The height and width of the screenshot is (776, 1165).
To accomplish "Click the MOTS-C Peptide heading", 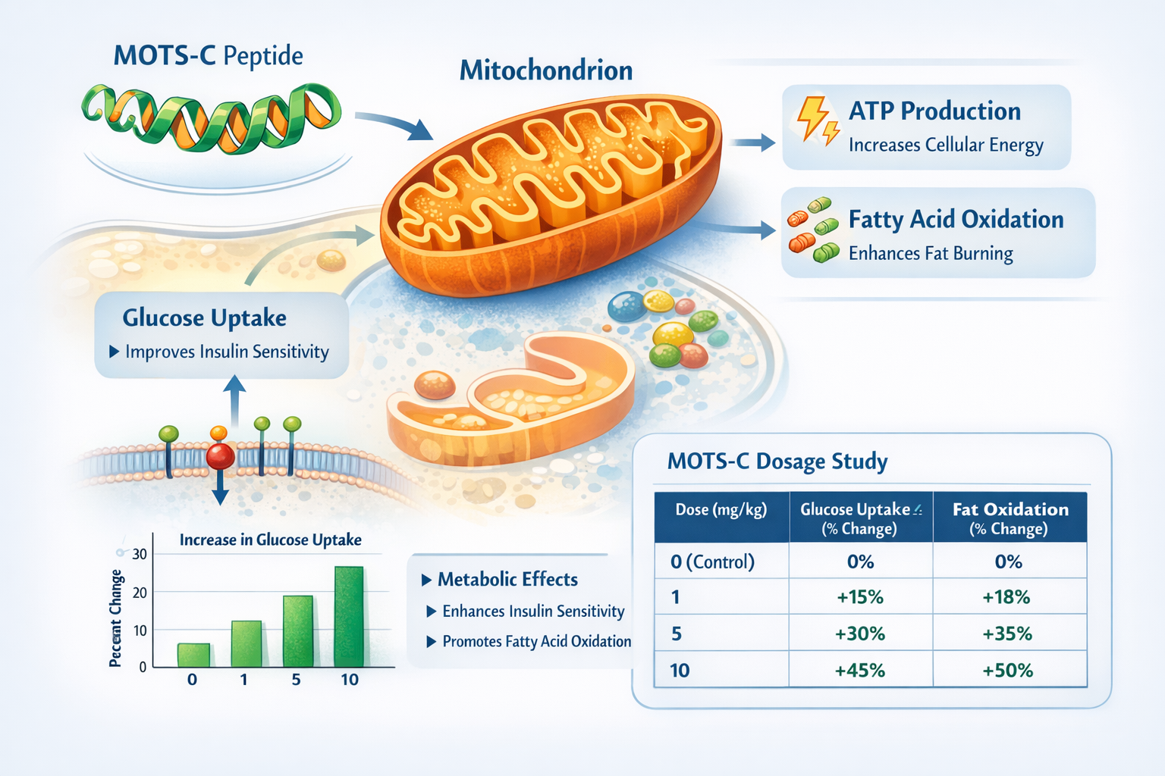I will [208, 56].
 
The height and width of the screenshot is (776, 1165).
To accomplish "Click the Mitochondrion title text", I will [545, 70].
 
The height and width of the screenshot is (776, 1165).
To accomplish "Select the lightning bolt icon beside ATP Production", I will [816, 120].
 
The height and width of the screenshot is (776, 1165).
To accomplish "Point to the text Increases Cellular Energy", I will [945, 145].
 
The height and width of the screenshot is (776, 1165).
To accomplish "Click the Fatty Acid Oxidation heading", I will [956, 220].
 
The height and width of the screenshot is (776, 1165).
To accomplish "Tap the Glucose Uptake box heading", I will [204, 318].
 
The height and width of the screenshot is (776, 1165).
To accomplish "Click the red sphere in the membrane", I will [221, 455].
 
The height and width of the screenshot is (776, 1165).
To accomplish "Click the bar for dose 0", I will [193, 655].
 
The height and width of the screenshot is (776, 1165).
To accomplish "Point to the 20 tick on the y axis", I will [140, 593].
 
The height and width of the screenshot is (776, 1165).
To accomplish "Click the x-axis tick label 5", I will [296, 680].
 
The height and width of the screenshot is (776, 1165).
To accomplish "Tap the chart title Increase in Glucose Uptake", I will [270, 540].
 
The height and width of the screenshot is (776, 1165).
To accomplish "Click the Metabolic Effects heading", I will [507, 580].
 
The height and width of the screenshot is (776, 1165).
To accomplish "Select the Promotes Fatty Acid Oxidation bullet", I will [535, 641].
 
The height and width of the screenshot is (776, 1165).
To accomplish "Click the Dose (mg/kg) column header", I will [721, 510].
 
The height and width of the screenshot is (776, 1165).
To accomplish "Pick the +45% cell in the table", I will [860, 671].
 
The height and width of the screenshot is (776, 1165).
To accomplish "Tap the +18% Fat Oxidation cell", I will [1006, 597].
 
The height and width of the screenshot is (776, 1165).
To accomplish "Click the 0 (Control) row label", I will [712, 562].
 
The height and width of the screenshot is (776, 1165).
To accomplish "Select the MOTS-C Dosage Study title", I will [777, 462].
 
